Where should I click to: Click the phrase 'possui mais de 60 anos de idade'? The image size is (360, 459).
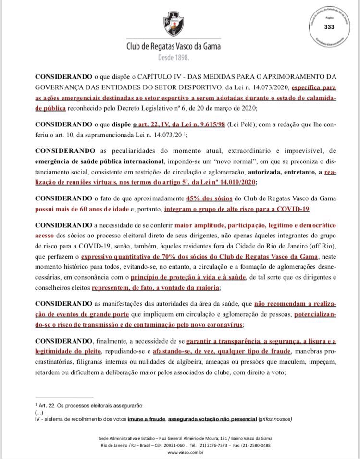coord(80,209)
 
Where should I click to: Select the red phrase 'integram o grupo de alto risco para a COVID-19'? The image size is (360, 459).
coord(237,209)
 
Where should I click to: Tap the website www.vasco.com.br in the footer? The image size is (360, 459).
coord(180,452)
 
